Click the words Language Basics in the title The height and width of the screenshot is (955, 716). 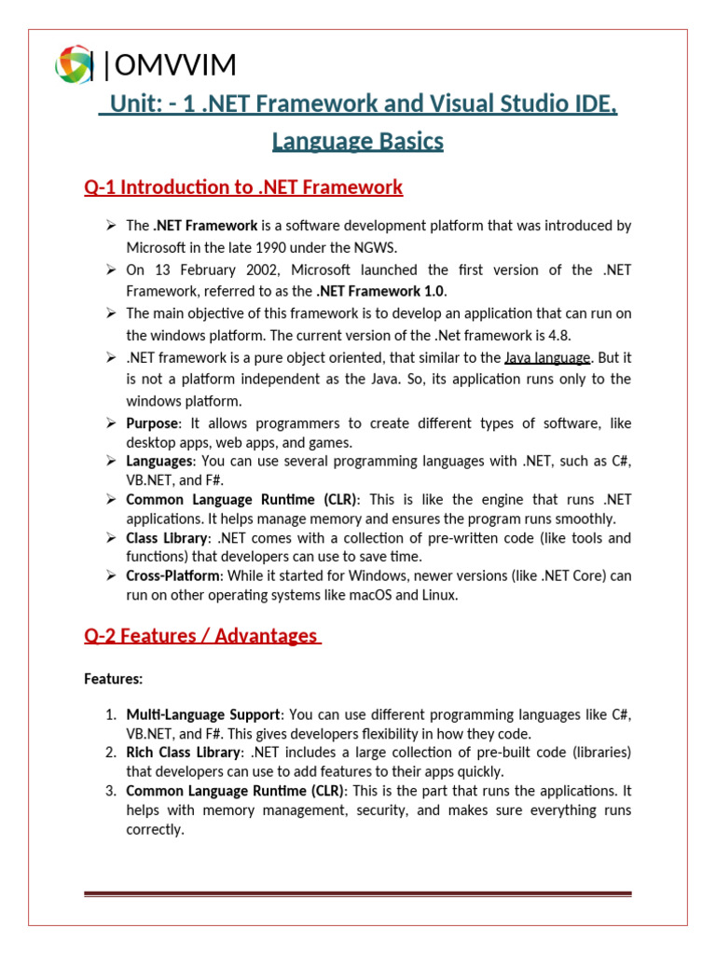click(x=357, y=142)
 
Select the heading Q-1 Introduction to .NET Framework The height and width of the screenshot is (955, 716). click(x=243, y=187)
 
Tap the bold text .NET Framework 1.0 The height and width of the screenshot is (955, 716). click(x=375, y=291)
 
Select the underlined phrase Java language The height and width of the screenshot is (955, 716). click(x=547, y=357)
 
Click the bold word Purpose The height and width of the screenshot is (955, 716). click(x=152, y=423)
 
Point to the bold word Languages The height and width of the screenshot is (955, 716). click(x=158, y=461)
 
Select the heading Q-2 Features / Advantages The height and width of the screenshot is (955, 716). click(x=202, y=636)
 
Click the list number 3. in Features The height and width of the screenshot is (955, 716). click(x=110, y=791)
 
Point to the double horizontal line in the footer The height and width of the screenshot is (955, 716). click(x=358, y=893)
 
